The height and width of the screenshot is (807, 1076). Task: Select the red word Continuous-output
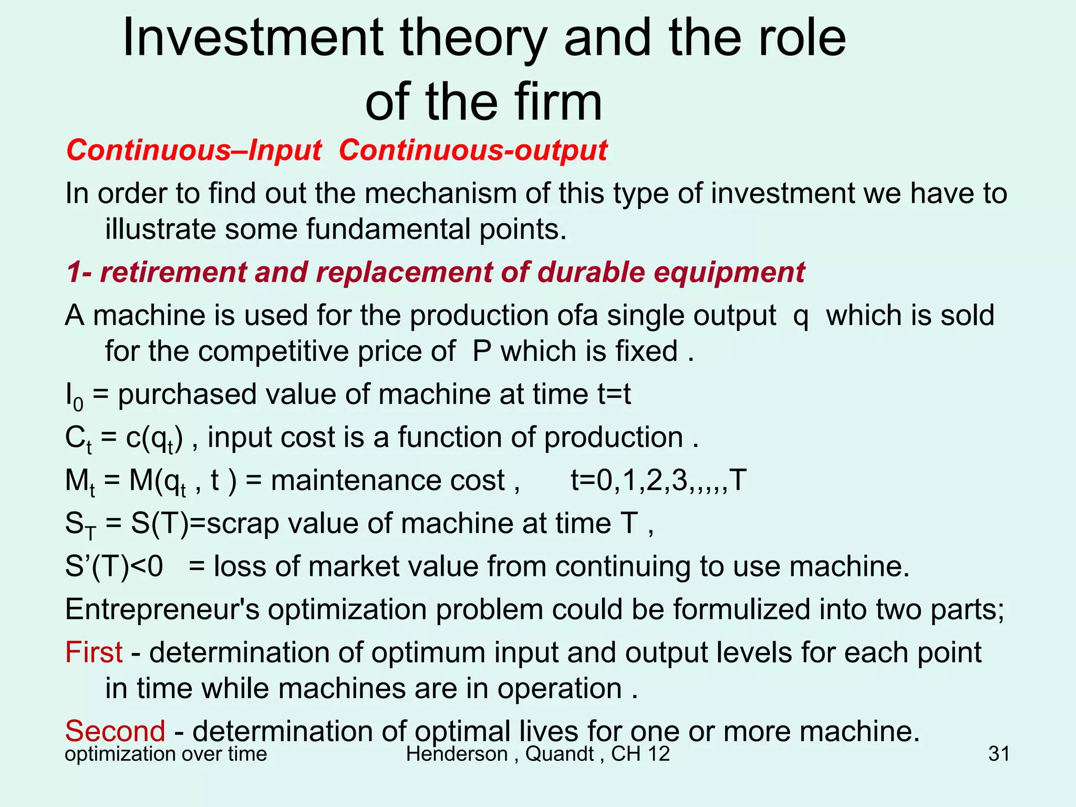tap(473, 150)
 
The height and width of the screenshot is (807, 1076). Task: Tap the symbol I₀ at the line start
tap(74, 396)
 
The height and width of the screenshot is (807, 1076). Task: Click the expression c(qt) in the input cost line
tap(154, 438)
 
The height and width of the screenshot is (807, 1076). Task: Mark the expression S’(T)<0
tap(114, 567)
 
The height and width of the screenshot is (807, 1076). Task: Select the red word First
tap(94, 653)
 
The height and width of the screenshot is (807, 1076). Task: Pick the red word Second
tap(115, 731)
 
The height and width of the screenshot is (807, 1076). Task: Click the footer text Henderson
tap(457, 754)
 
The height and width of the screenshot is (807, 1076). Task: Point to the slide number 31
tap(999, 754)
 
